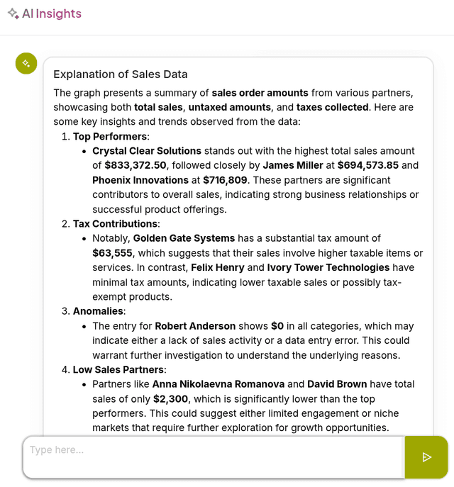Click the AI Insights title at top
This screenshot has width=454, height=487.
(x=51, y=13)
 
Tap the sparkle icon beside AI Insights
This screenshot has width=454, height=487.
(x=13, y=13)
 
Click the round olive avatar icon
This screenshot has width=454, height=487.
(x=26, y=63)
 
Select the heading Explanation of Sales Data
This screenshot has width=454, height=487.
(x=121, y=74)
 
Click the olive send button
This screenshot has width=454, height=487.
(x=426, y=457)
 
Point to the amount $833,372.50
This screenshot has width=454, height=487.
(x=135, y=165)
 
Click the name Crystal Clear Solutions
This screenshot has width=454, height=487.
(x=147, y=151)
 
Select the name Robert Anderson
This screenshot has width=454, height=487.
(x=195, y=326)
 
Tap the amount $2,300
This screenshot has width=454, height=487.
(x=171, y=399)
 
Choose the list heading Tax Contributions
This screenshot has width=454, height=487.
(x=116, y=224)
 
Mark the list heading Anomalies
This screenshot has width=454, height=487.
(x=99, y=311)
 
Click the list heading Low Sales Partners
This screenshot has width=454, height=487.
(x=119, y=369)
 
